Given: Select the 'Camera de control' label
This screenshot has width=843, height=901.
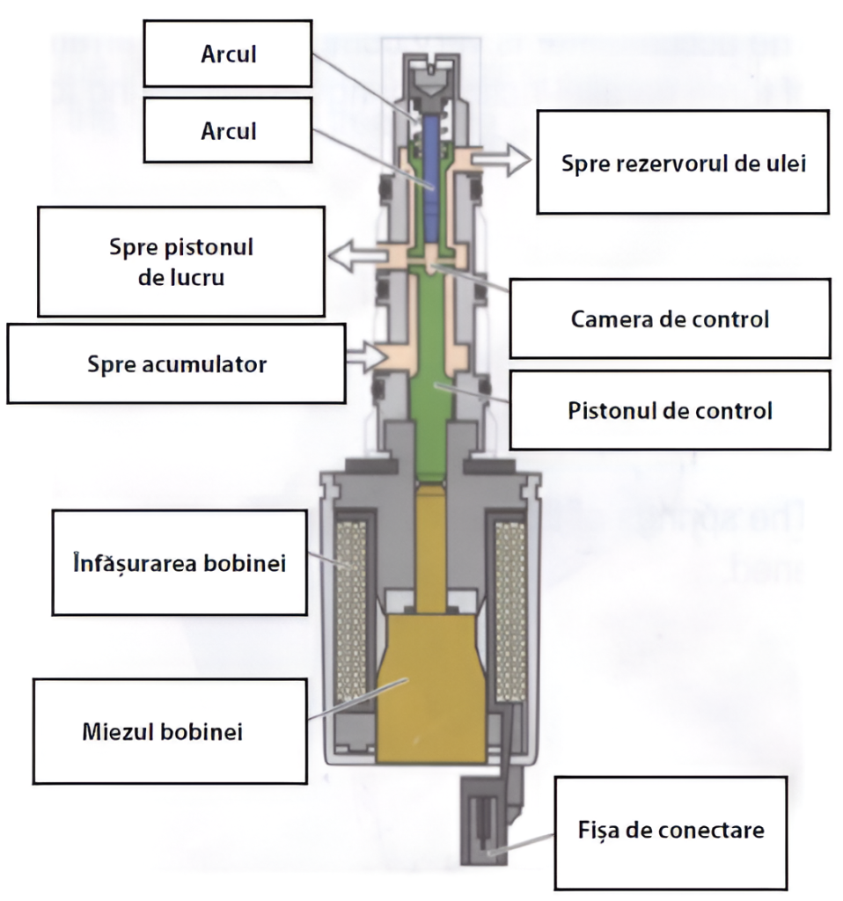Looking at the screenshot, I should point(669,319).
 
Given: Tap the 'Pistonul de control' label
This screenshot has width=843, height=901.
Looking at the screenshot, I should point(669,410).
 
